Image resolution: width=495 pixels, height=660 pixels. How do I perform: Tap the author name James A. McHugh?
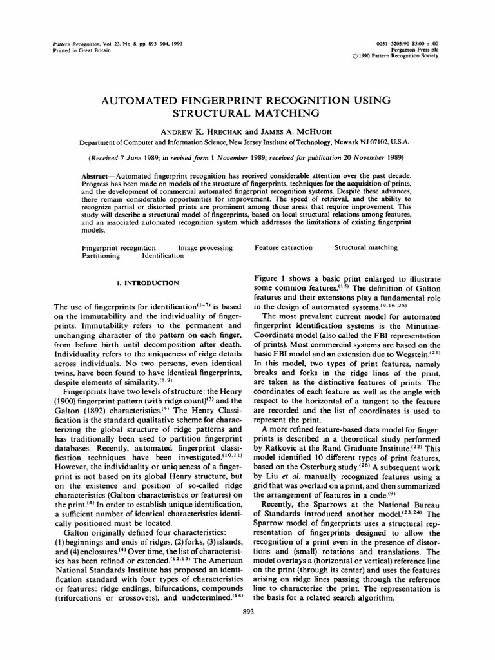point(296,131)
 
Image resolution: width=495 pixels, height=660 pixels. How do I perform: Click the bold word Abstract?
point(99,176)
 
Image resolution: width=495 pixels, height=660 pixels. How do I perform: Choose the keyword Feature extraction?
point(283,247)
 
